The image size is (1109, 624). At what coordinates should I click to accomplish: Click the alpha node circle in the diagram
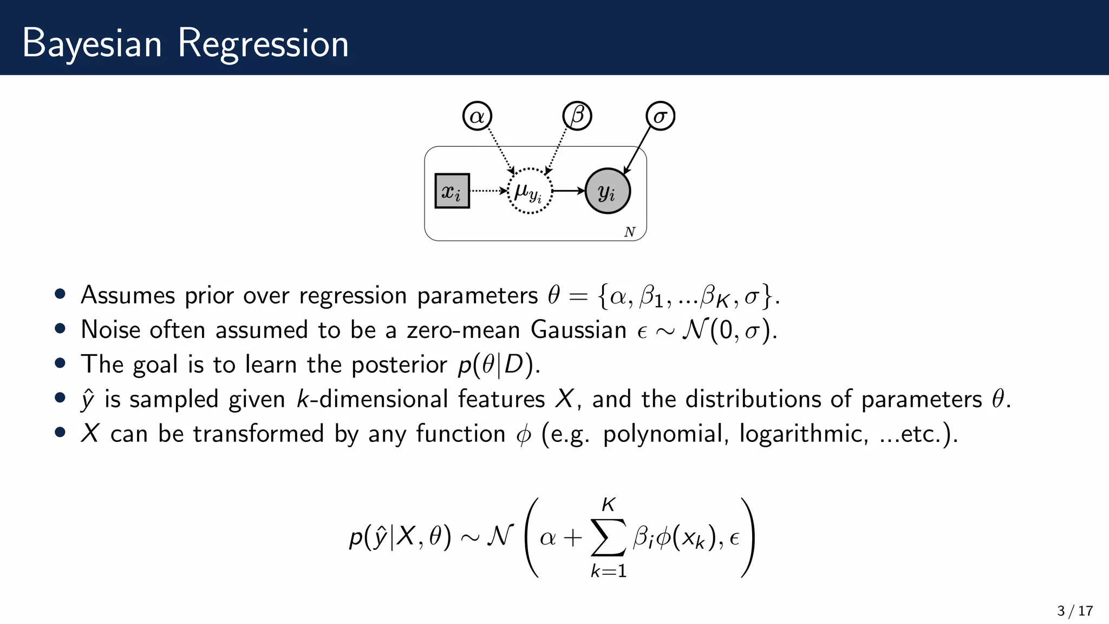[x=477, y=116]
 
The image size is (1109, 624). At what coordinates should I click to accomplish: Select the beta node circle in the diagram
[x=577, y=116]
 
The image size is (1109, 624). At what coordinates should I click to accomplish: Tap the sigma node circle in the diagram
[x=660, y=116]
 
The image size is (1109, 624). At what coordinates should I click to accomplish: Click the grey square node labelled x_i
[x=452, y=191]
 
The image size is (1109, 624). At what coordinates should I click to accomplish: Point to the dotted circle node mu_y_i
[x=529, y=191]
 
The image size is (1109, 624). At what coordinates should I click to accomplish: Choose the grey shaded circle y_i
[x=608, y=191]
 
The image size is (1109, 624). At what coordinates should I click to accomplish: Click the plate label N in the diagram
[x=629, y=232]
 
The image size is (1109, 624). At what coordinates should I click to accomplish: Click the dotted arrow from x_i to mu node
[x=488, y=191]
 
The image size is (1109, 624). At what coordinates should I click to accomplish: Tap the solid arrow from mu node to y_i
[x=568, y=191]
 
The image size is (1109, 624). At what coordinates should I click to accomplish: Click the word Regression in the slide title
[x=263, y=43]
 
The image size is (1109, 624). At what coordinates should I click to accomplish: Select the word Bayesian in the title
[x=92, y=43]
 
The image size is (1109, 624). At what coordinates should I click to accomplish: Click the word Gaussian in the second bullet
[x=578, y=329]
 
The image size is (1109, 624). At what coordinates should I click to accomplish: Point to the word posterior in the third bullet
[x=399, y=364]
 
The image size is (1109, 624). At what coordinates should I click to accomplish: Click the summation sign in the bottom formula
[x=608, y=537]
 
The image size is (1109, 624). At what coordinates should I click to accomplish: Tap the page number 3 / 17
[x=1074, y=611]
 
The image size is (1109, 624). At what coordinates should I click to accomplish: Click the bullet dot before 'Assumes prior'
[x=60, y=294]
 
